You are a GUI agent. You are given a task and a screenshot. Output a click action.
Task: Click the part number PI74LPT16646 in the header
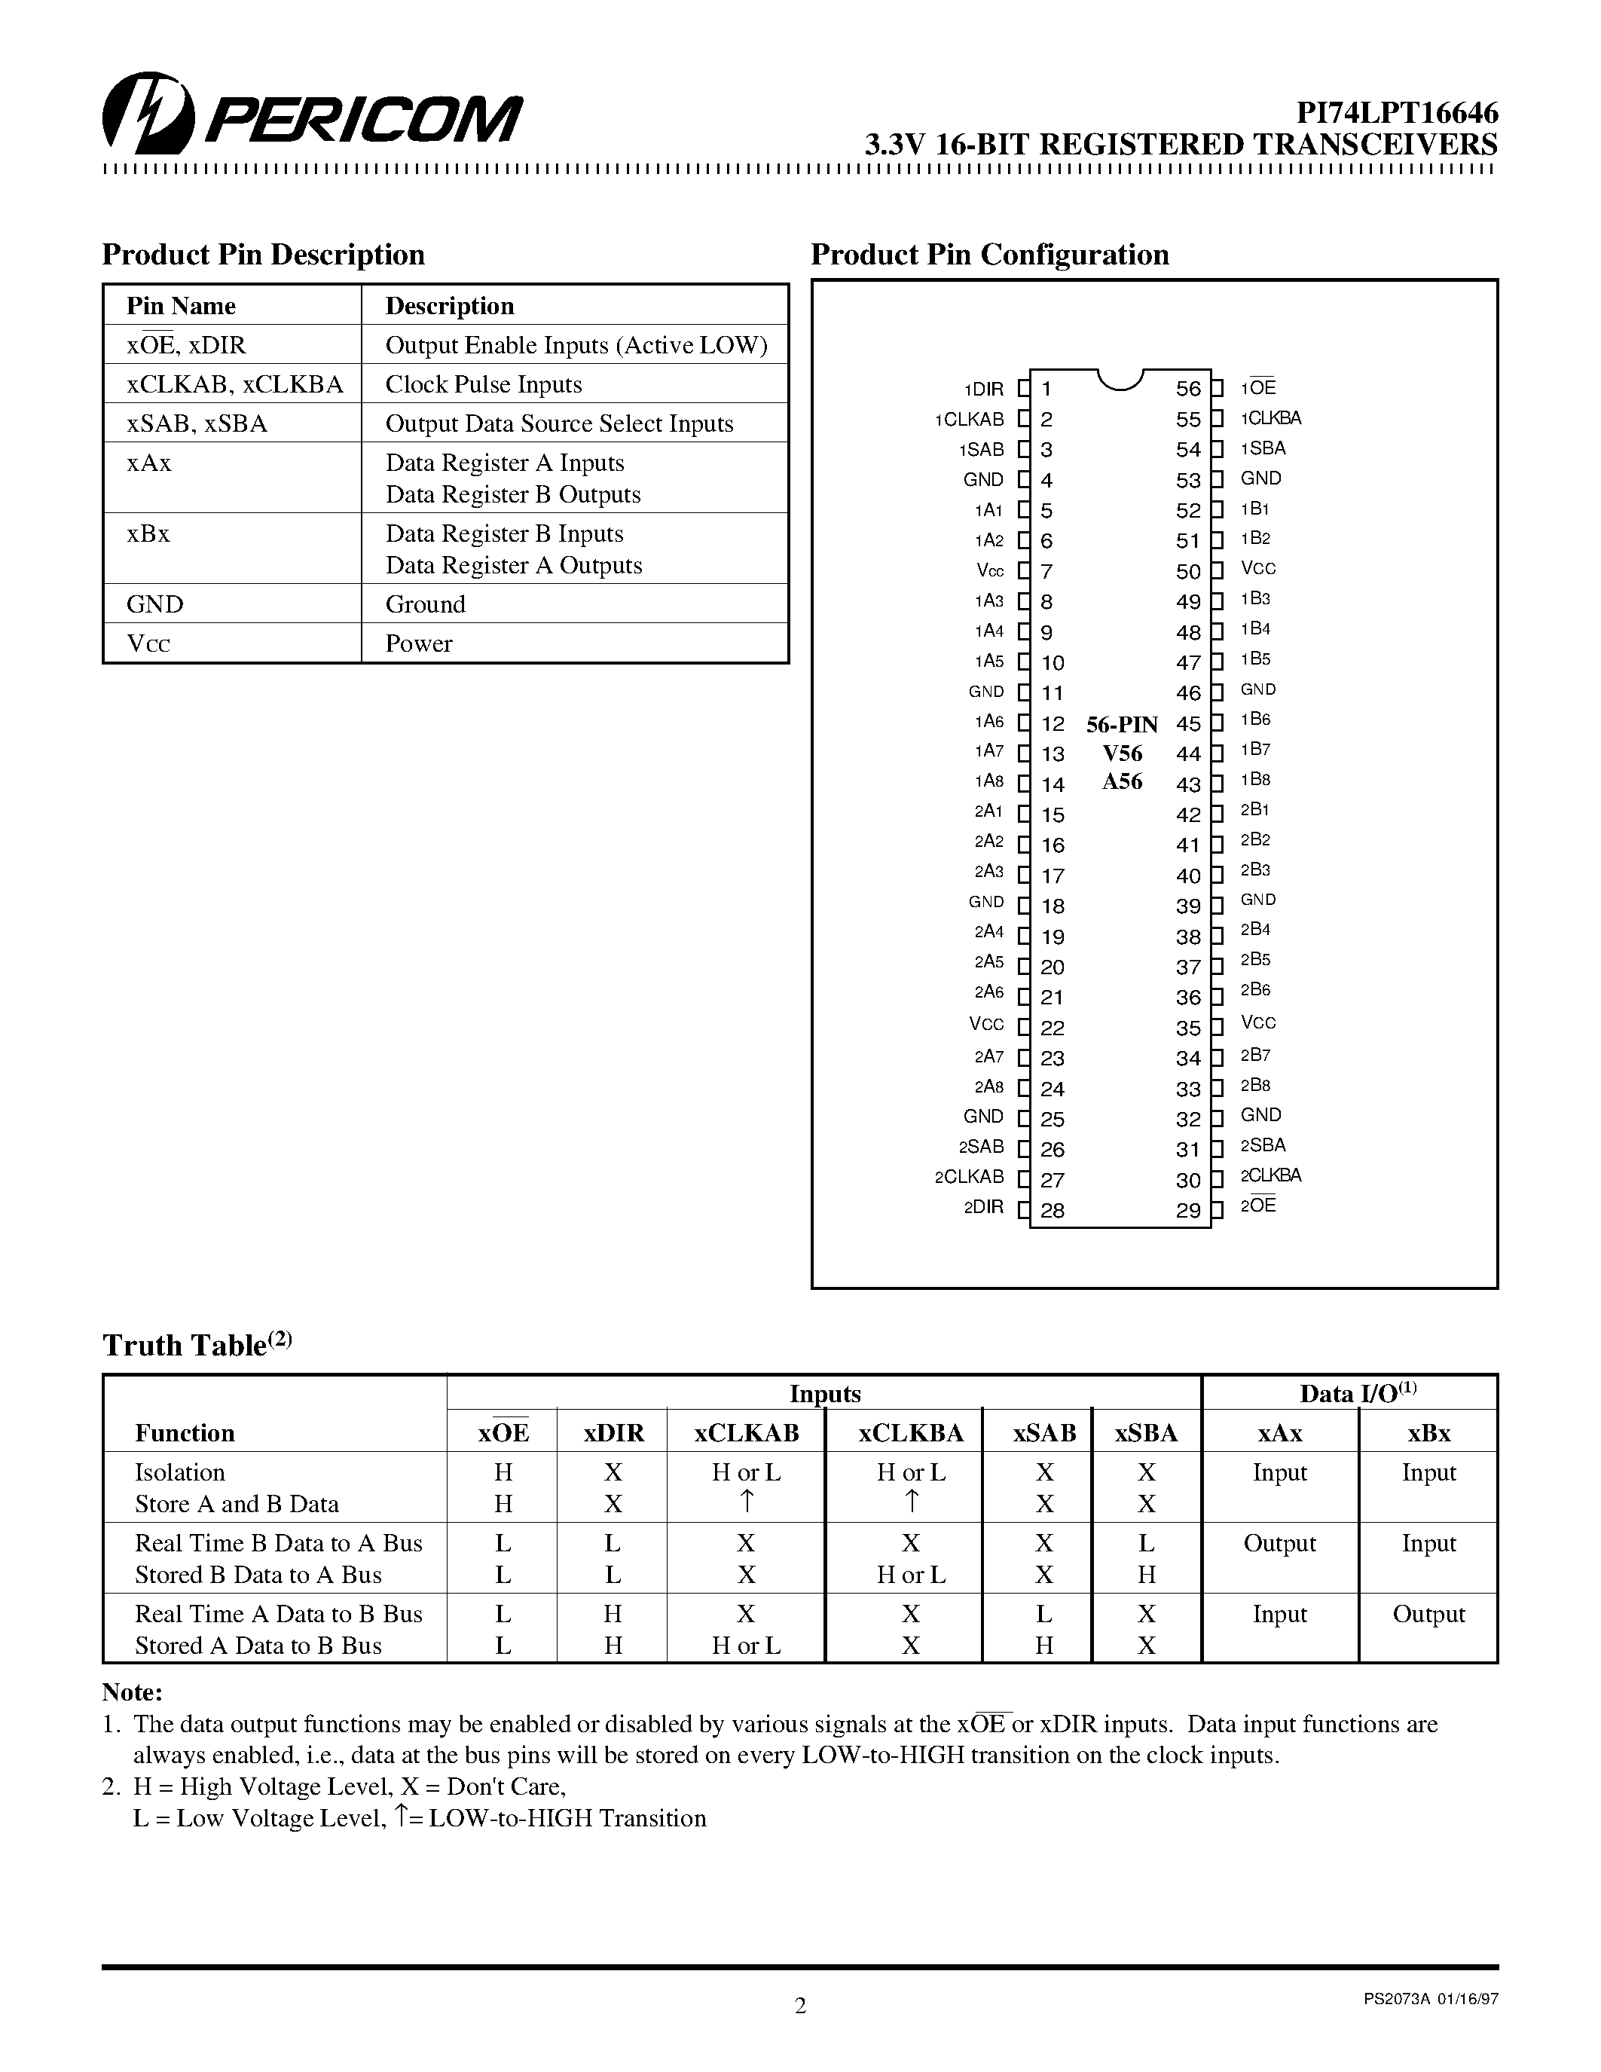coord(1397,114)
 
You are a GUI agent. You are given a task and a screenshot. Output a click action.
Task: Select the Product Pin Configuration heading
coord(989,255)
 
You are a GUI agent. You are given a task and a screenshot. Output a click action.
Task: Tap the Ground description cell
coord(425,604)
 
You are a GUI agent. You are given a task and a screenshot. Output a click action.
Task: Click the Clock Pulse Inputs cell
coord(483,384)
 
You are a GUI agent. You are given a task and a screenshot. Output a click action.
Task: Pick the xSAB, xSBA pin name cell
coord(197,423)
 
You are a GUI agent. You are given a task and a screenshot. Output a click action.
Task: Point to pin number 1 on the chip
coord(1046,388)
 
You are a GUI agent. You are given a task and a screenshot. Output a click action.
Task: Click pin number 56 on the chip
coord(1187,388)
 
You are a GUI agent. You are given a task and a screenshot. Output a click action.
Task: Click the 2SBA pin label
coord(1263,1145)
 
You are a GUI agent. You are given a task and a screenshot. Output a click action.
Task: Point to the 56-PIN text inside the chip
coord(1122,725)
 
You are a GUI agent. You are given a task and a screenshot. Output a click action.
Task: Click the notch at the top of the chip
coord(1120,380)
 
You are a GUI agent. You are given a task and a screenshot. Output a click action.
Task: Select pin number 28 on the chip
coord(1052,1211)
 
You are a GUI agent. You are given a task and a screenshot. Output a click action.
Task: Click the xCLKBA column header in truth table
coord(911,1432)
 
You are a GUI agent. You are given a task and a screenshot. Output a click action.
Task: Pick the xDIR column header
coord(613,1432)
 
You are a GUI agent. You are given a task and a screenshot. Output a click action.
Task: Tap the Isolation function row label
coord(180,1472)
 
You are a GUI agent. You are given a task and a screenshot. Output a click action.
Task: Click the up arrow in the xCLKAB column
coord(747,1502)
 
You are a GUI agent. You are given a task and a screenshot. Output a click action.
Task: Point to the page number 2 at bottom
coord(799,2006)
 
